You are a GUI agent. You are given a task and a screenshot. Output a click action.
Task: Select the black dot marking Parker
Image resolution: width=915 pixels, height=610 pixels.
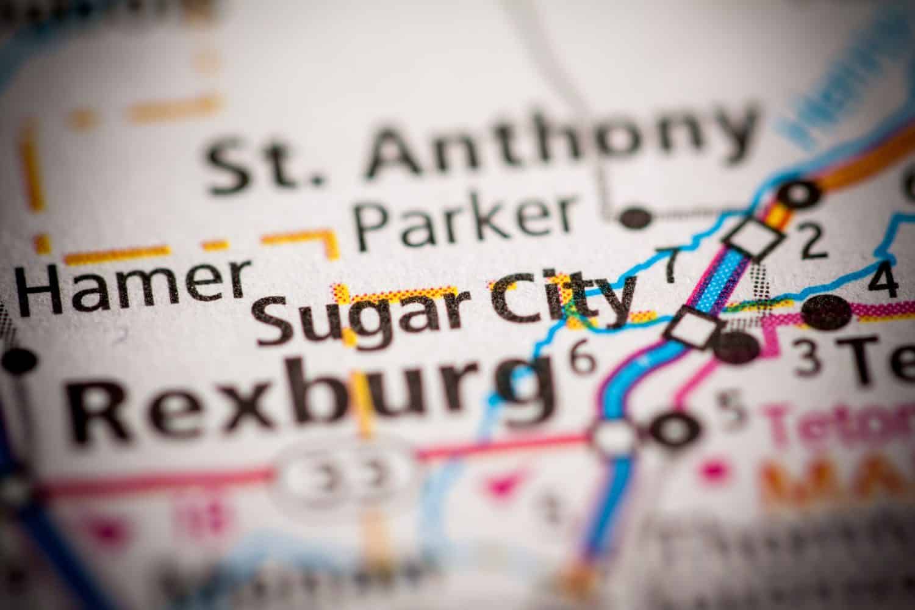point(634,216)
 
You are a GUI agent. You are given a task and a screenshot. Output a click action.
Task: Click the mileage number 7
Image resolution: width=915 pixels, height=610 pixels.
point(671,266)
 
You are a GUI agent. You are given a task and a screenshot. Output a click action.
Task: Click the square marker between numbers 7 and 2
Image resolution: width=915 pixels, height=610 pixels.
point(756,240)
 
